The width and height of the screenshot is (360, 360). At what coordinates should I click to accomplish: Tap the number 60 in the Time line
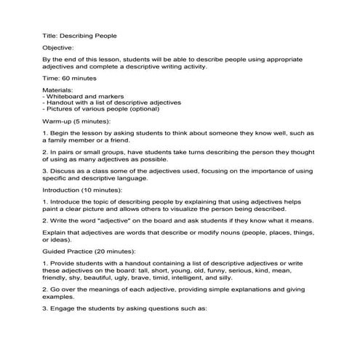click(65, 76)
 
